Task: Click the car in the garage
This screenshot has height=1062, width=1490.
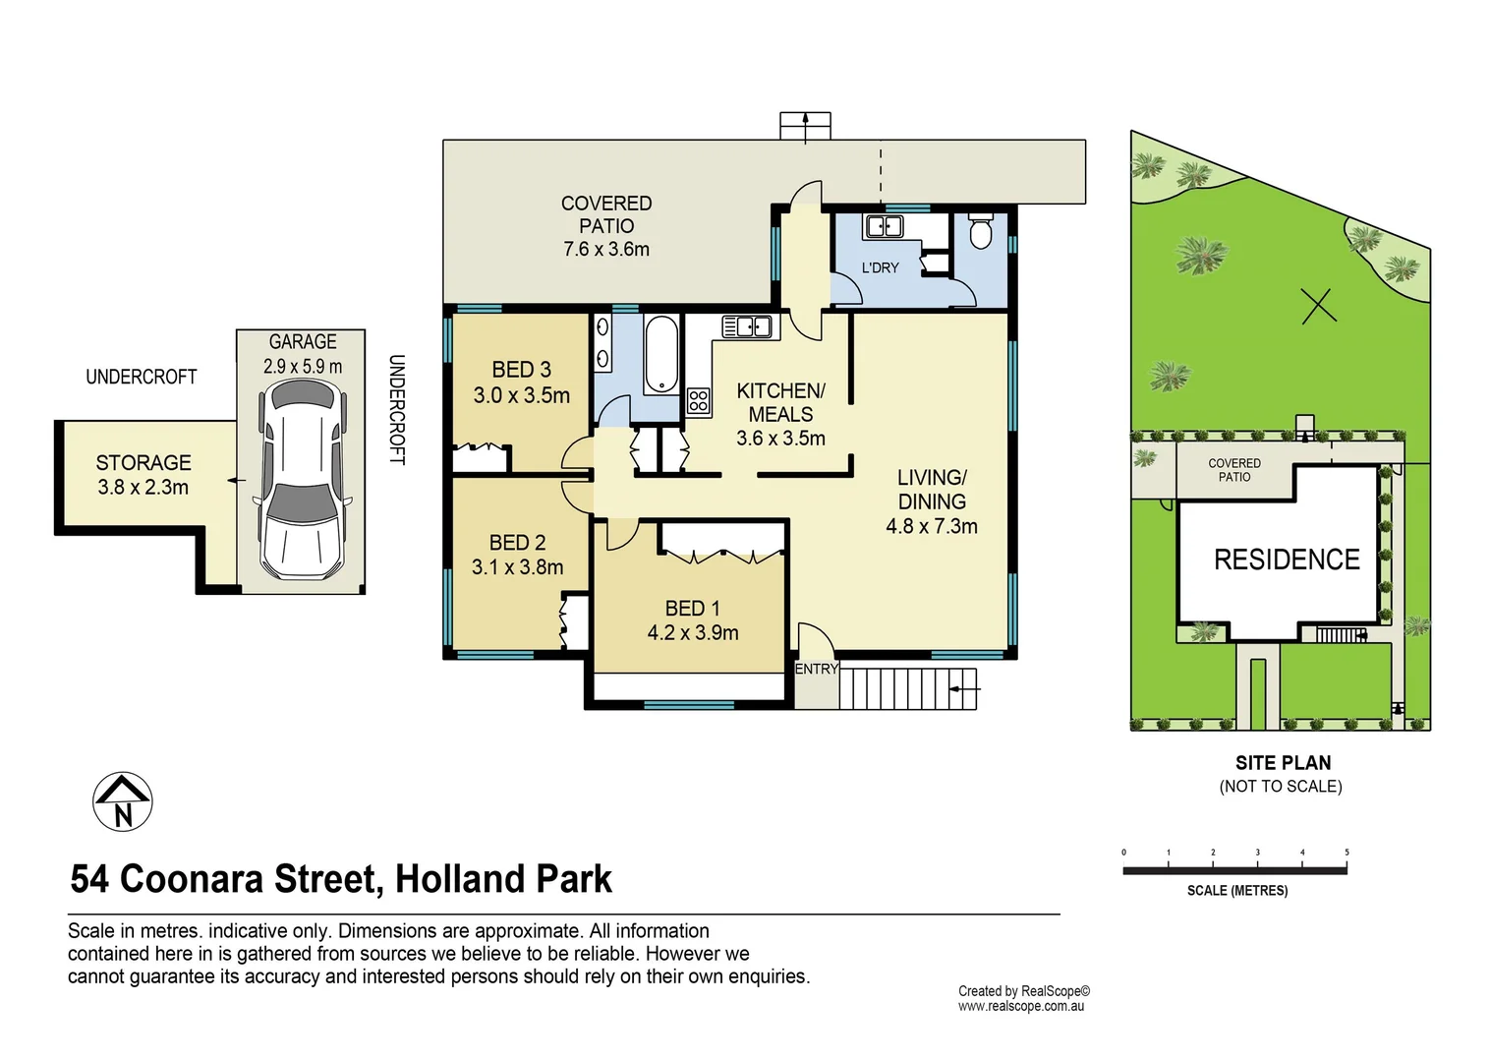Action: coord(302,480)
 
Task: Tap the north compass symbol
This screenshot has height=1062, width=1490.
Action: coord(123,801)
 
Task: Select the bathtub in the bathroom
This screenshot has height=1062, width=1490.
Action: coord(661,354)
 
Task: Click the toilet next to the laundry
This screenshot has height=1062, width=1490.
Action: coord(980,232)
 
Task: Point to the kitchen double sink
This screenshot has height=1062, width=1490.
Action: coord(747,326)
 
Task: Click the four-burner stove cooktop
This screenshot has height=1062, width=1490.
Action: coord(699,400)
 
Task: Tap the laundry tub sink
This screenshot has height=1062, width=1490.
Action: coord(883,227)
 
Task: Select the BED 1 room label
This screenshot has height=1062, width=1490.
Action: coord(692,609)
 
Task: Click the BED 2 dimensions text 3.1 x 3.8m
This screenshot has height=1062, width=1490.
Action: coord(517,567)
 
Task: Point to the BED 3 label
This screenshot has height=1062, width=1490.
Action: coord(521,370)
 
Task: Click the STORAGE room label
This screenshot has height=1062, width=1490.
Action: coord(143,462)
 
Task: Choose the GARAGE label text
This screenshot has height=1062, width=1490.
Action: coord(303,341)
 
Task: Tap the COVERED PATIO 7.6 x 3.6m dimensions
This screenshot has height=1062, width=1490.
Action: coord(606,250)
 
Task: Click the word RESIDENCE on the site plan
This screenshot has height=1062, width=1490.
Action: coord(1287,560)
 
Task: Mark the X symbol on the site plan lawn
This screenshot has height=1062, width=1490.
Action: coord(1319,306)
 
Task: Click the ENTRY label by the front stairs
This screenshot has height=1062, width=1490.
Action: coord(816,670)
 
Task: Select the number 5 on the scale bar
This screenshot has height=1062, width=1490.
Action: coord(1347,853)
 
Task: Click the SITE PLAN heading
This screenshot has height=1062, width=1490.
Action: coord(1283,763)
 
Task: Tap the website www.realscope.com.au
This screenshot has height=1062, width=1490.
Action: coord(1021,1006)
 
